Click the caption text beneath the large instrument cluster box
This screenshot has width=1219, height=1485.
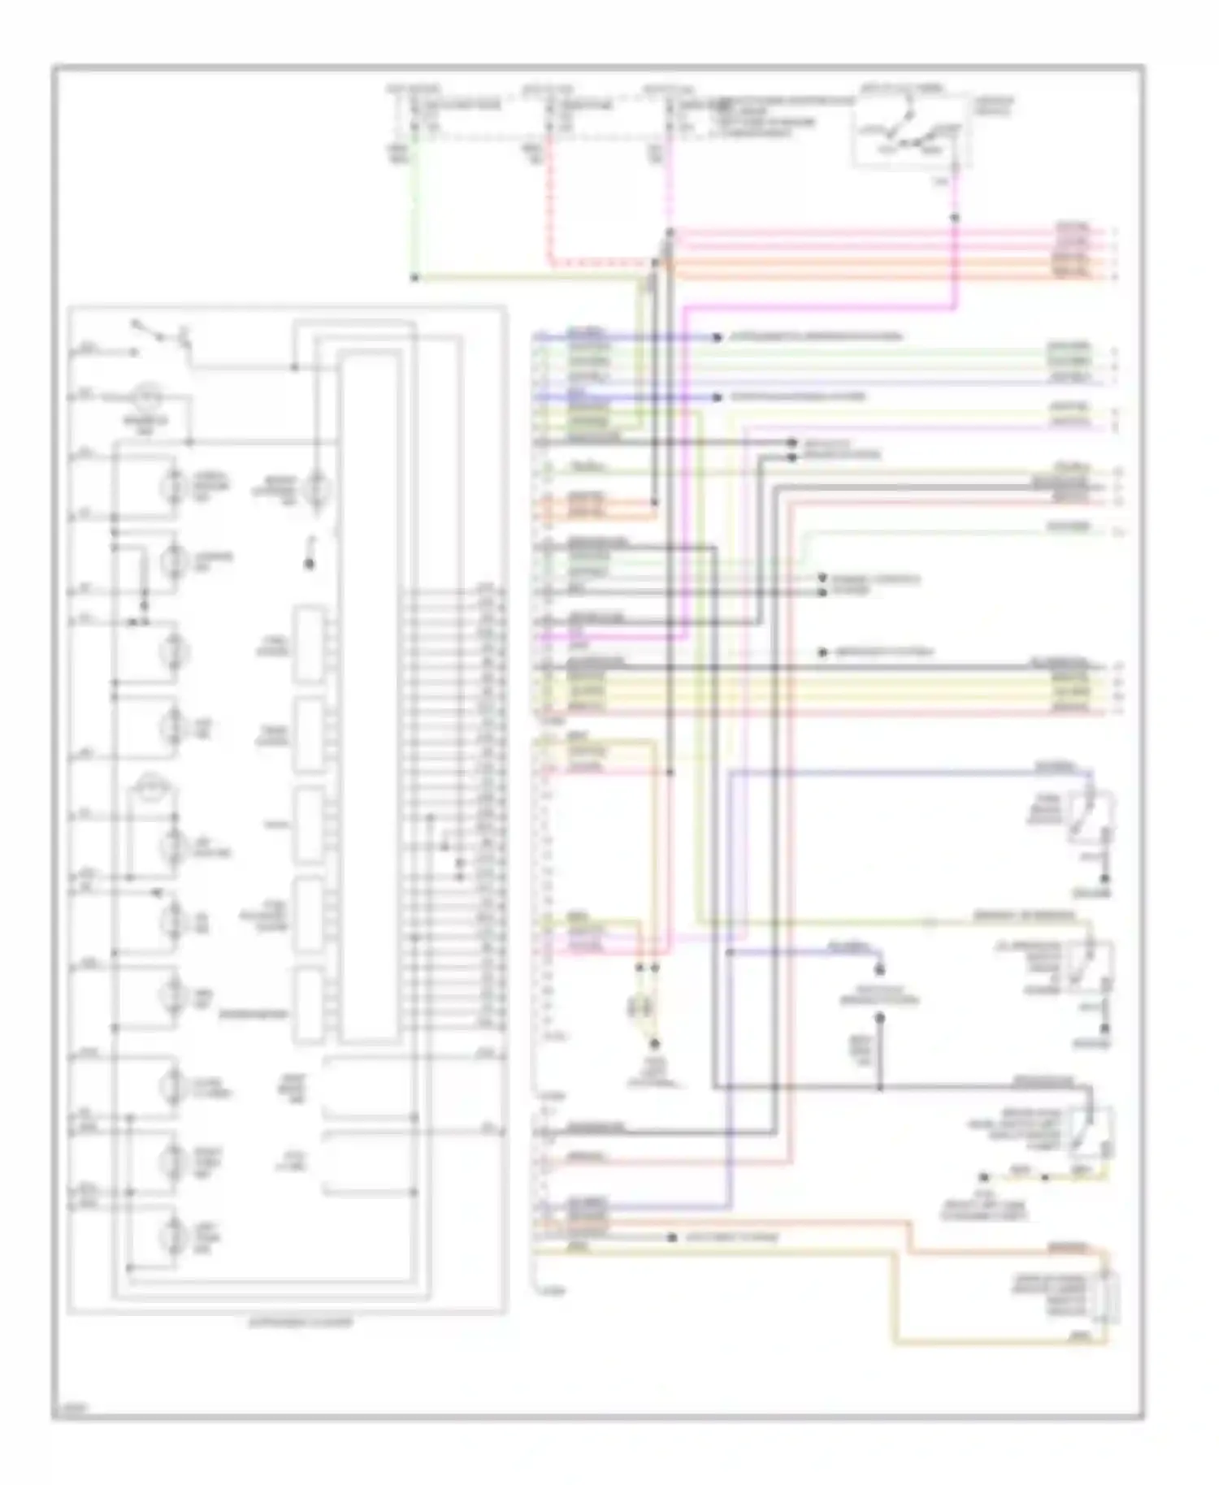pos(300,1323)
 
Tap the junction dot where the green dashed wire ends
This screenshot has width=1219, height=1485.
pos(414,278)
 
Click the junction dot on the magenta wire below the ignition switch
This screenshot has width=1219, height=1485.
pos(955,218)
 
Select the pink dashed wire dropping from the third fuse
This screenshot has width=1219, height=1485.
pos(670,187)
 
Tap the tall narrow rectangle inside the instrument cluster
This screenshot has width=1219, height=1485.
pos(368,699)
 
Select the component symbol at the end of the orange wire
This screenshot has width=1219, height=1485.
pos(1106,1297)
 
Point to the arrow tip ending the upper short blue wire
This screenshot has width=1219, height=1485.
pos(717,337)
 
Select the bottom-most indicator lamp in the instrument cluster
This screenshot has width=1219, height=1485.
pos(172,1240)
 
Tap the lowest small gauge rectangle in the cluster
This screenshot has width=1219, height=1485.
pos(309,1005)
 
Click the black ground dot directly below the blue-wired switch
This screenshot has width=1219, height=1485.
pos(1104,880)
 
